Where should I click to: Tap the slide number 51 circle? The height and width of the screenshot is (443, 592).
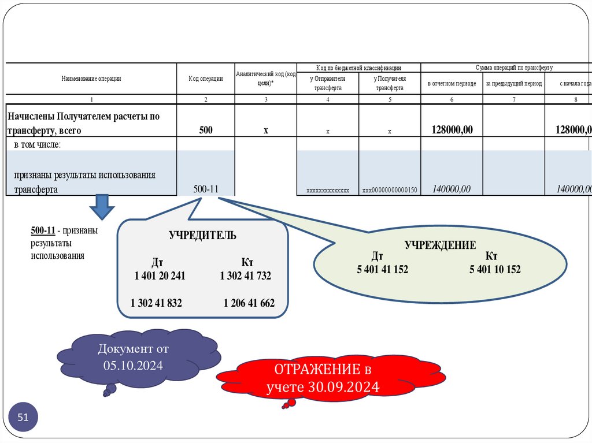coord(24,417)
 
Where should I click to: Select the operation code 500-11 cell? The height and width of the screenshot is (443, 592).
coord(206,189)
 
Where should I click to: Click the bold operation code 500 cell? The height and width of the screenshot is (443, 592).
coord(206,131)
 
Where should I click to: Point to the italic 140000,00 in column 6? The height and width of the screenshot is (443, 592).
coord(451,189)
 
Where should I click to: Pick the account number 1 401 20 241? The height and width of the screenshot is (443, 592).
coord(160,276)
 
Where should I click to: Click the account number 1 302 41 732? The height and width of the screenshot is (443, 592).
coord(245,276)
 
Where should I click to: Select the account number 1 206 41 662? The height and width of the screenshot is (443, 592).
coord(249,303)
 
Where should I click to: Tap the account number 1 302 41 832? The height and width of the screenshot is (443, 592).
coord(156,303)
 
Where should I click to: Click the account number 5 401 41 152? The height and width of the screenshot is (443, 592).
coord(382,269)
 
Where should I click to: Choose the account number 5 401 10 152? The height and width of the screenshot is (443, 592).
coord(495,269)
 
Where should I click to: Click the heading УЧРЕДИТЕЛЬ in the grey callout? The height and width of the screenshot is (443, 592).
coord(202,236)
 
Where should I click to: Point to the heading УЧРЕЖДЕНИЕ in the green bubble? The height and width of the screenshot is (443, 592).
coord(440,245)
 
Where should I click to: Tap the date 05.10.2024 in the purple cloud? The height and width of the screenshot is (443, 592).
coord(134,365)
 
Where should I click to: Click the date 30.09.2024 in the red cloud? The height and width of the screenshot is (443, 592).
coord(350,386)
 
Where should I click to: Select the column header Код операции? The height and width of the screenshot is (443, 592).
coord(206,79)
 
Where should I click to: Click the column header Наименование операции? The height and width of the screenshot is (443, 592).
coord(91,79)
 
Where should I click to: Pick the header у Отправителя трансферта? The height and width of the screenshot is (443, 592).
coord(328,83)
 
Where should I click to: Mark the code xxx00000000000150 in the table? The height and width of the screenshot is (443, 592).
coord(390,189)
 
